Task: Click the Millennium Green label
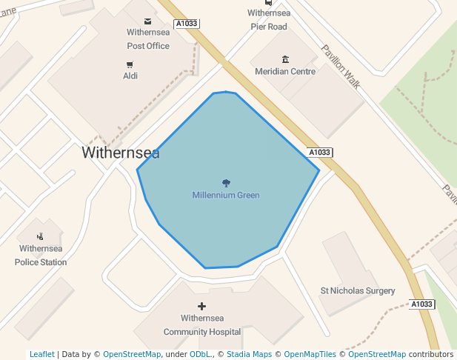tap(226, 195)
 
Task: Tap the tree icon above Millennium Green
tap(226, 182)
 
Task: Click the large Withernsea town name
tap(120, 153)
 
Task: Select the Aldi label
tap(130, 76)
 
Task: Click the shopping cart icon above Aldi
tap(130, 64)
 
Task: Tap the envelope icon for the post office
tap(148, 21)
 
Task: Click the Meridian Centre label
tap(285, 72)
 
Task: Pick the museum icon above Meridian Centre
tap(285, 59)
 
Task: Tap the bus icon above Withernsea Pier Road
tap(268, 3)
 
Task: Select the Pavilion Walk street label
tap(341, 67)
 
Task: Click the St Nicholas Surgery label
tap(357, 291)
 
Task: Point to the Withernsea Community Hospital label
tap(202, 325)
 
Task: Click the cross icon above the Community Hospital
tap(201, 306)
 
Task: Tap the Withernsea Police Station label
tap(41, 256)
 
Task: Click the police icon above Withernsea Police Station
tap(39, 236)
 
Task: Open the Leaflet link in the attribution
tap(42, 354)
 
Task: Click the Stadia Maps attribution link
tap(249, 354)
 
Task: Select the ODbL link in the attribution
tap(199, 354)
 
